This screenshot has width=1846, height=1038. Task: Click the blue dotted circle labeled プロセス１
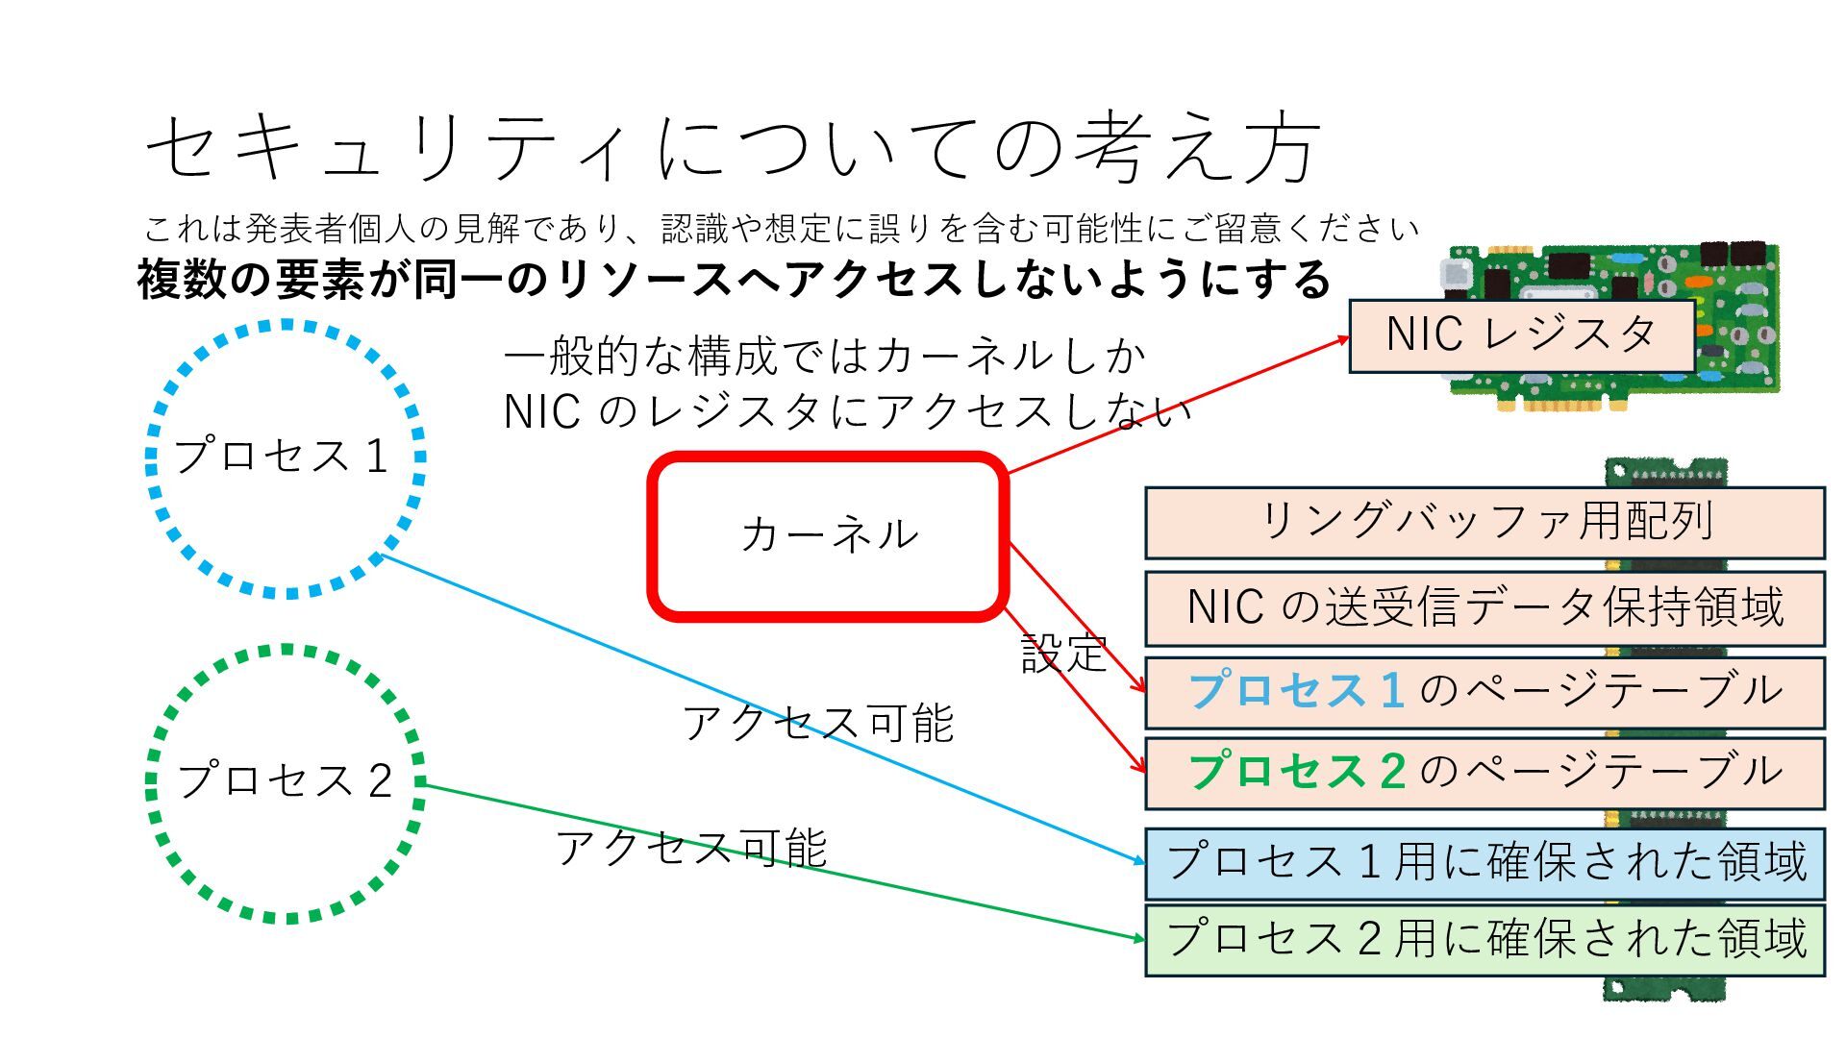(285, 458)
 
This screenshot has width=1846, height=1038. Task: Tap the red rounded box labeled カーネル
(829, 535)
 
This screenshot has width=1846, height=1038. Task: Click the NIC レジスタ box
(1521, 335)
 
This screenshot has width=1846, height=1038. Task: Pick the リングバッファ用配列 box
(1484, 523)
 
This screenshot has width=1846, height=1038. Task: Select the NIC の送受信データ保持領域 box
(1484, 608)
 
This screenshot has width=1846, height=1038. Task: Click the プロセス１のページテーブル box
(1484, 692)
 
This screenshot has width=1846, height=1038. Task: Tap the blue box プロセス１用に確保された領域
(1484, 862)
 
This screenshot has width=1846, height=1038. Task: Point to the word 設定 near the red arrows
(1064, 655)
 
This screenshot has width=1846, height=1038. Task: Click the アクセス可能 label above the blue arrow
(818, 724)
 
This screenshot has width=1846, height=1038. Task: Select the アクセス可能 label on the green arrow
(691, 849)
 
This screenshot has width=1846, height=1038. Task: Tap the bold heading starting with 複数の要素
(733, 280)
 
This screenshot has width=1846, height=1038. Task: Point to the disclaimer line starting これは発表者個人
(781, 229)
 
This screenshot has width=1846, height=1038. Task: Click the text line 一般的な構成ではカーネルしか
(825, 358)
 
